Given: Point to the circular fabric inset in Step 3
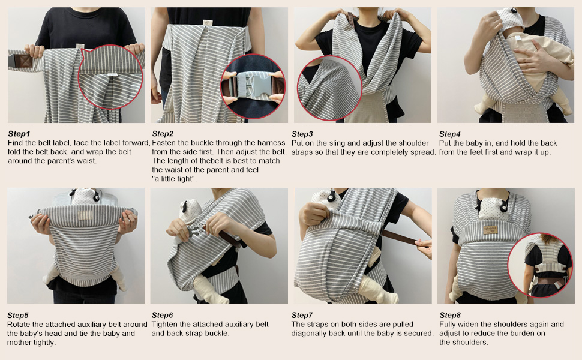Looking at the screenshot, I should (329, 88).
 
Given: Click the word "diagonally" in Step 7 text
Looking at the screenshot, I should (310, 334).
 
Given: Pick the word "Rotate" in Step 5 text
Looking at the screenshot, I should (19, 325).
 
